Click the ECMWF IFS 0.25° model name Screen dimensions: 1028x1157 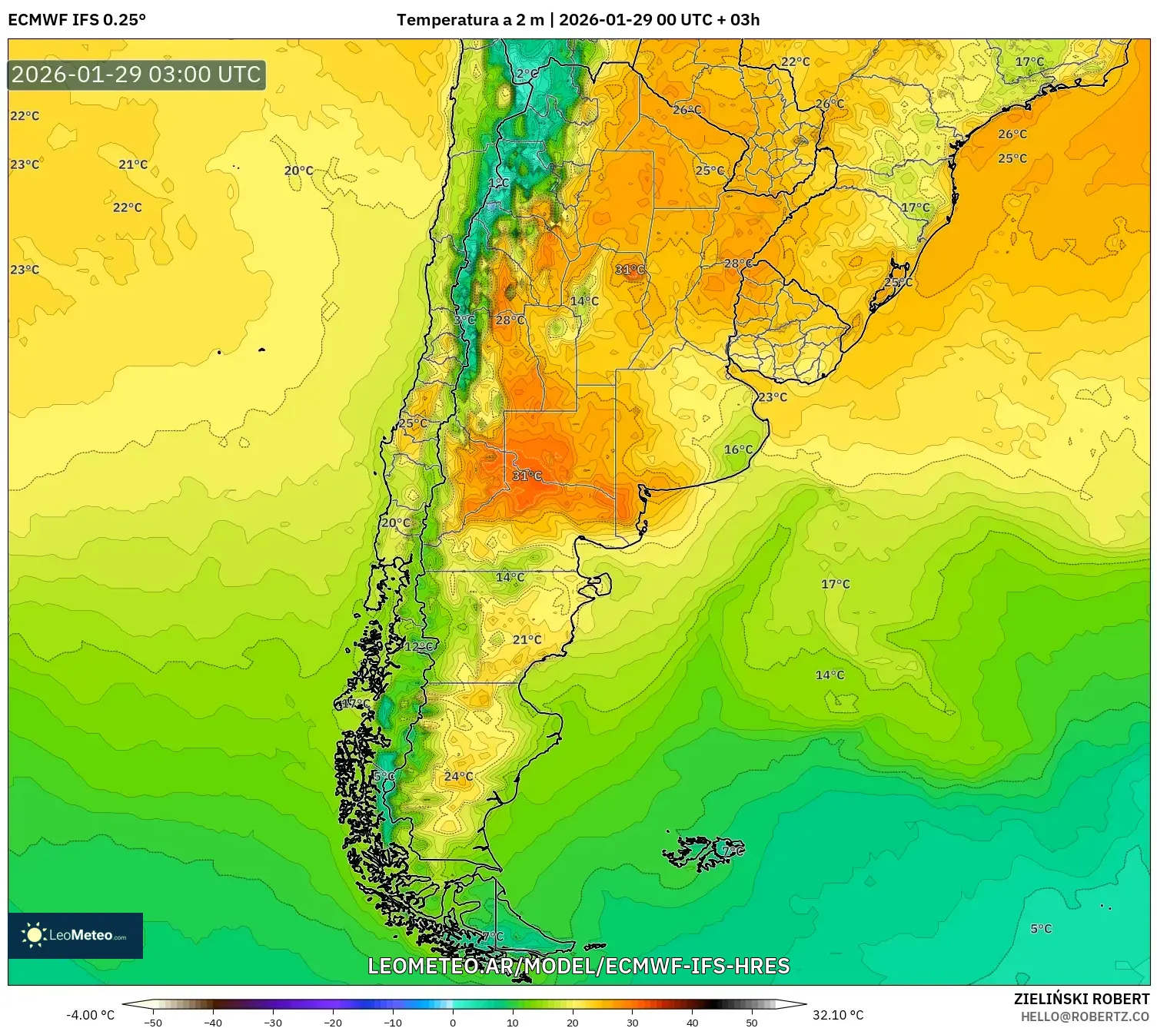tap(77, 20)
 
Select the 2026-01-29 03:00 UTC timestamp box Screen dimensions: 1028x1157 tap(137, 75)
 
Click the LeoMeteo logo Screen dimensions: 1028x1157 tap(75, 935)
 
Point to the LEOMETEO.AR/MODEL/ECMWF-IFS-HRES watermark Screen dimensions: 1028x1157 tap(578, 966)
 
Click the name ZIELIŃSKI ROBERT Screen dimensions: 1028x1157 tap(1081, 999)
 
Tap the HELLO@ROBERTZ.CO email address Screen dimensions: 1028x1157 tap(1085, 1016)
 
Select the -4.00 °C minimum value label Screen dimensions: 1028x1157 tap(90, 1015)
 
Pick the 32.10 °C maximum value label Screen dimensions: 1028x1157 tap(838, 1015)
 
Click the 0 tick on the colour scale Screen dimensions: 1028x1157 tap(453, 1022)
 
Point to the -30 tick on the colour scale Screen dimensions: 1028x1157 tap(273, 1022)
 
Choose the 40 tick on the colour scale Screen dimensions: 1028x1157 tap(692, 1022)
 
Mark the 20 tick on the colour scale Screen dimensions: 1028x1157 tap(572, 1022)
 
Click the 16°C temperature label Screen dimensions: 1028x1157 tap(738, 449)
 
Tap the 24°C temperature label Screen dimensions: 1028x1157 tap(458, 777)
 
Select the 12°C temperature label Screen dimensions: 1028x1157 tap(419, 646)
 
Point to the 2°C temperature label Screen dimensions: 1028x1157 tap(527, 74)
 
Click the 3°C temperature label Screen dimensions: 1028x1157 tap(464, 320)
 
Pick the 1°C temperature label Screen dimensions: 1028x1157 tap(499, 183)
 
